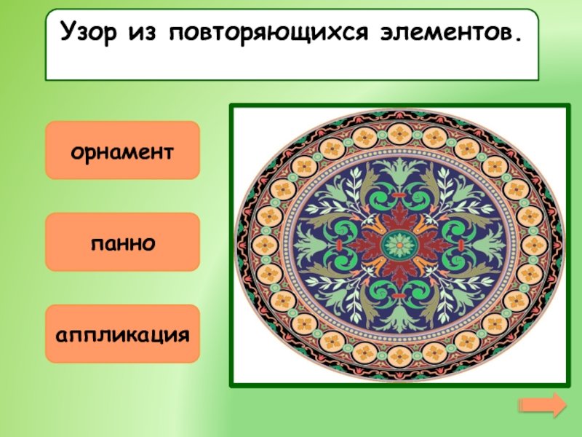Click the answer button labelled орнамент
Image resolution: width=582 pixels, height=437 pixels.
pyautogui.click(x=122, y=150)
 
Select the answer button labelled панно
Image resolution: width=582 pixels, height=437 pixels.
pyautogui.click(x=122, y=242)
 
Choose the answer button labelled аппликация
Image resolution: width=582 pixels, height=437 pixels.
pyautogui.click(x=122, y=334)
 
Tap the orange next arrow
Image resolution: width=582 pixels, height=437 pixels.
pyautogui.click(x=543, y=404)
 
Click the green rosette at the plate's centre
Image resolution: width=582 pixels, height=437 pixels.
pyautogui.click(x=399, y=245)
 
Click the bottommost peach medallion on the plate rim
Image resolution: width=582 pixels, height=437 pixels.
pyautogui.click(x=399, y=356)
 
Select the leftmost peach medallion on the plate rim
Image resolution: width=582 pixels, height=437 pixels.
pyautogui.click(x=265, y=245)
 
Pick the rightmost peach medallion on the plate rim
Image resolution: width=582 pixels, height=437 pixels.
pyautogui.click(x=535, y=245)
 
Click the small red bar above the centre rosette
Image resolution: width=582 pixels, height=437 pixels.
pyautogui.click(x=399, y=195)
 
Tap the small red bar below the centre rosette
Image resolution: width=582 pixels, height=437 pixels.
pyautogui.click(x=399, y=296)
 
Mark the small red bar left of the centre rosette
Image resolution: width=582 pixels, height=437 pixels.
pyautogui.click(x=339, y=245)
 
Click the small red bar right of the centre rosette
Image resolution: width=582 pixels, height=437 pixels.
pyautogui.click(x=461, y=245)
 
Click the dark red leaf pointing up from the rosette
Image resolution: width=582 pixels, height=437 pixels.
pyautogui.click(x=399, y=216)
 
